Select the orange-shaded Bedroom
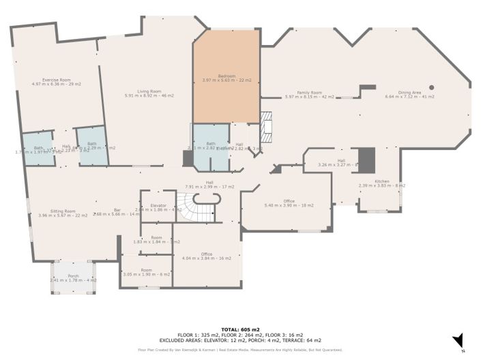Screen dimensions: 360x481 pyautogui.click(x=227, y=76)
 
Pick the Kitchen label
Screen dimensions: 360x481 pyautogui.click(x=382, y=181)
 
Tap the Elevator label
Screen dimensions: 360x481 pyautogui.click(x=158, y=205)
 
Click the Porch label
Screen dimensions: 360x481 pyautogui.click(x=73, y=276)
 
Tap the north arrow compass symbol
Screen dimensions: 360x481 pyautogui.click(x=459, y=339)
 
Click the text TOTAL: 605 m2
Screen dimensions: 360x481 pyautogui.click(x=240, y=329)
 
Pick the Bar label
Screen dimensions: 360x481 pyautogui.click(x=117, y=211)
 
